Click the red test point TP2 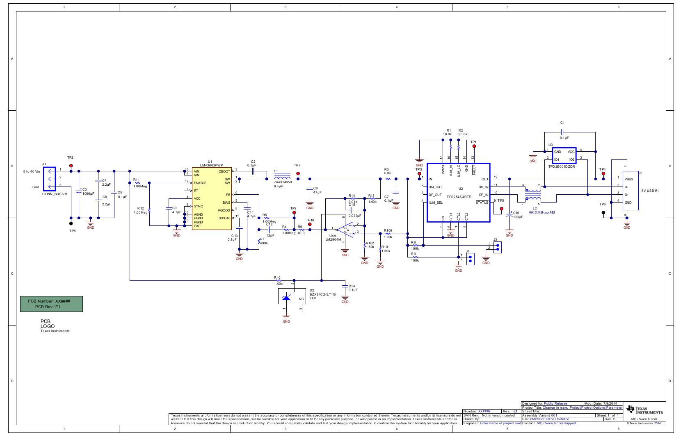tap(71, 166)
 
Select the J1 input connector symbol tap(50, 179)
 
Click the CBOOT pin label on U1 tap(224, 171)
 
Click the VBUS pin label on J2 tap(628, 179)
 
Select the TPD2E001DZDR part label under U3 tap(562, 167)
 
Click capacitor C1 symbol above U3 tap(562, 132)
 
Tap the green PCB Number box tap(51, 304)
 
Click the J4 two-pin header tap(470, 259)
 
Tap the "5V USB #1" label tap(651, 191)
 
